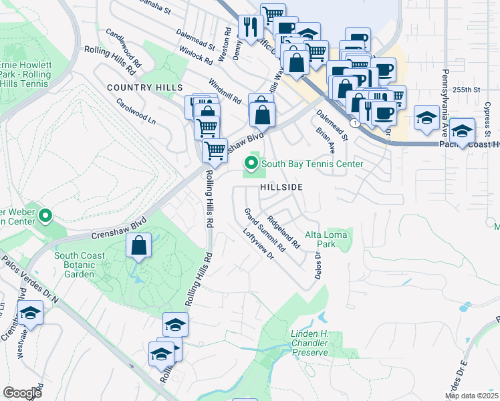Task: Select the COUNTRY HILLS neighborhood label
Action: [x=144, y=88]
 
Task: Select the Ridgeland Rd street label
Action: [x=284, y=231]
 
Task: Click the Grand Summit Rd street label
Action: [x=265, y=229]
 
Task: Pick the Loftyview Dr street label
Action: [x=260, y=245]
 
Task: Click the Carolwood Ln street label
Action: [x=136, y=112]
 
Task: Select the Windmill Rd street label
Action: [x=225, y=91]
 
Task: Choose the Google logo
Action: [x=23, y=393]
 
